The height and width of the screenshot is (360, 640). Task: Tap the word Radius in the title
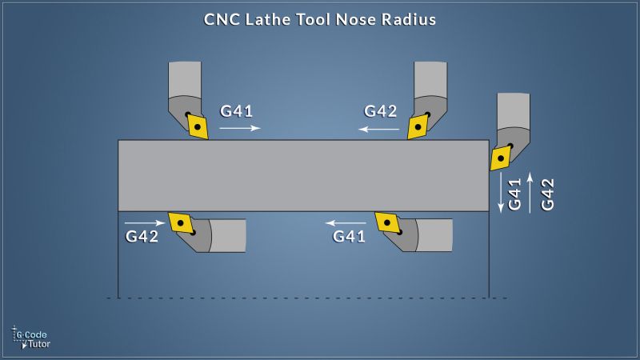409,19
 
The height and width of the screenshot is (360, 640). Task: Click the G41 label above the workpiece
237,111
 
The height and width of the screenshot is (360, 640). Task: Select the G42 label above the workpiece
380,111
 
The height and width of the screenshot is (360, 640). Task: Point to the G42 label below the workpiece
142,236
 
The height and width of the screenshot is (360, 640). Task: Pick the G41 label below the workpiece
350,236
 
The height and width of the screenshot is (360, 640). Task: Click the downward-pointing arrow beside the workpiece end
502,192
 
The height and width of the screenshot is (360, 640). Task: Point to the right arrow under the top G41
239,128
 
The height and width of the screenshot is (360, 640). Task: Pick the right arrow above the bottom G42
145,222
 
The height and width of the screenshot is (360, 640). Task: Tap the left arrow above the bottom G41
345,222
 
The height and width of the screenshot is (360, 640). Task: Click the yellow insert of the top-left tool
197,126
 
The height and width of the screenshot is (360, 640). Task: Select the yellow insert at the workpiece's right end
501,157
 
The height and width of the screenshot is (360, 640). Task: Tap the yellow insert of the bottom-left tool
181,222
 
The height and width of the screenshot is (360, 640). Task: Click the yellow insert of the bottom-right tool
387,222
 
